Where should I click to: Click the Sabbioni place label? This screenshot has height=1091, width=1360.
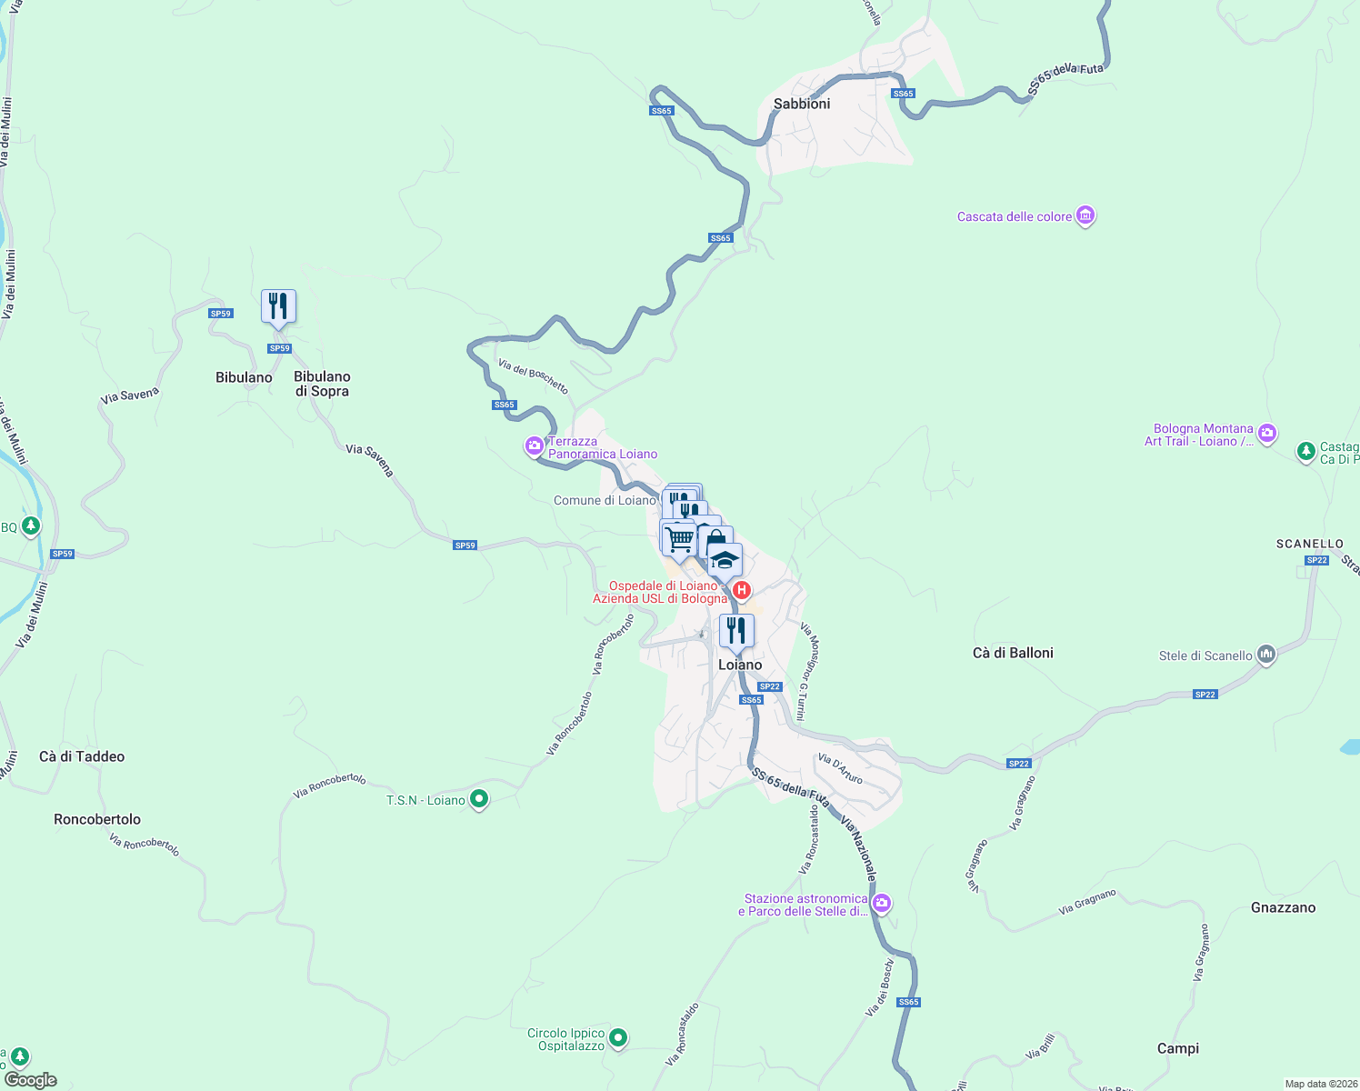[x=801, y=104]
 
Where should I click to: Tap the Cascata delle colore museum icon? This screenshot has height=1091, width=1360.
[x=1085, y=216]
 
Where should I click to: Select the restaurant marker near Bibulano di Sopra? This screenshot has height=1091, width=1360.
[x=278, y=306]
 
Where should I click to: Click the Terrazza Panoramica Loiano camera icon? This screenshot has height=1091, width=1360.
[x=535, y=446]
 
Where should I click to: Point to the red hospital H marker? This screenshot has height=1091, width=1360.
[x=742, y=591]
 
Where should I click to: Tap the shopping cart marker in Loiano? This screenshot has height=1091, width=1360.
[x=679, y=539]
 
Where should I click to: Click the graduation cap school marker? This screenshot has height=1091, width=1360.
[x=725, y=560]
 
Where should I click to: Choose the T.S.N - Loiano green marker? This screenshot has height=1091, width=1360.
[x=479, y=800]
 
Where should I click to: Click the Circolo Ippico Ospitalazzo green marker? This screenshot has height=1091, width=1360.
[x=618, y=1037]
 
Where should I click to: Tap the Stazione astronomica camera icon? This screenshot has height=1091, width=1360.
[x=881, y=904]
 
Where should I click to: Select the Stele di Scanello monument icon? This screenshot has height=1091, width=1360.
[x=1265, y=655]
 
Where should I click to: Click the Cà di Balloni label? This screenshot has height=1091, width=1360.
[x=1013, y=653]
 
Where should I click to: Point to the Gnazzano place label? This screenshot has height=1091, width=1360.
[x=1283, y=907]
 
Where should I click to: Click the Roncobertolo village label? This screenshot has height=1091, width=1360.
[x=97, y=819]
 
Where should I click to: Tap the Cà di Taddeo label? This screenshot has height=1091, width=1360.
[x=82, y=756]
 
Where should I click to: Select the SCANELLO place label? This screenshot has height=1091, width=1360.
[x=1309, y=544]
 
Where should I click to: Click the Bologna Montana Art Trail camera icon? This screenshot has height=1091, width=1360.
[x=1268, y=434]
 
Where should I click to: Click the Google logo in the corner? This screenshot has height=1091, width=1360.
[x=30, y=1080]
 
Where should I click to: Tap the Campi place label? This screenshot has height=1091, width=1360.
[x=1177, y=1048]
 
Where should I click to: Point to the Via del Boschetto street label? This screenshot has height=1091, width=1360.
[x=534, y=376]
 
